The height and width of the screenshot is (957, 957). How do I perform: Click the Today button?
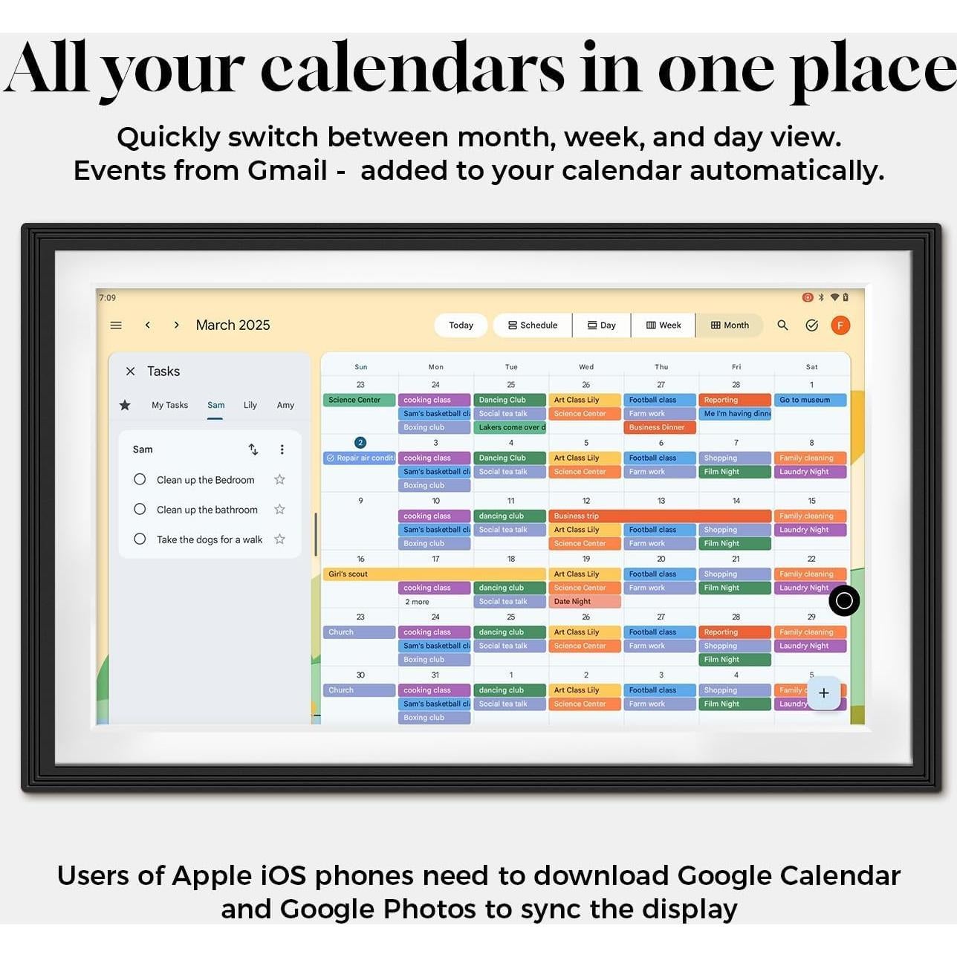461,325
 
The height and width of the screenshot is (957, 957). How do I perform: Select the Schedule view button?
533,325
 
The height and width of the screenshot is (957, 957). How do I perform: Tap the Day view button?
602,325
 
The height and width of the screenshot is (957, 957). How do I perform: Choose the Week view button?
664,325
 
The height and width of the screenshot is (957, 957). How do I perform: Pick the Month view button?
730,325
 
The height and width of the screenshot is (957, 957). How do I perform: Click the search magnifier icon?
782,325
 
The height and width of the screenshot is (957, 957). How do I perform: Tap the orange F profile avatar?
840,325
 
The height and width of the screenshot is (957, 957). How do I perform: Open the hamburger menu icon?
116,325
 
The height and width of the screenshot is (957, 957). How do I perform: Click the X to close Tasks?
131,372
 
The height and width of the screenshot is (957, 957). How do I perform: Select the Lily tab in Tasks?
250,405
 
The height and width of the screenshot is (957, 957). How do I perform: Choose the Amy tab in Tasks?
285,405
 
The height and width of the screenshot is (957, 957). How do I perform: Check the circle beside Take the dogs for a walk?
140,539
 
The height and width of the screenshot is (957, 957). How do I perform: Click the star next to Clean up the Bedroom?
279,480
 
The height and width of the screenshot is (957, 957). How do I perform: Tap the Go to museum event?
810,400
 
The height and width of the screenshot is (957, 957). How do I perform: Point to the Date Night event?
584,602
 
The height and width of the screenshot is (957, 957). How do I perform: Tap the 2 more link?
417,602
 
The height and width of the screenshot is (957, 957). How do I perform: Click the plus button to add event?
823,693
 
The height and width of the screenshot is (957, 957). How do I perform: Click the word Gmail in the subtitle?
287,171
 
